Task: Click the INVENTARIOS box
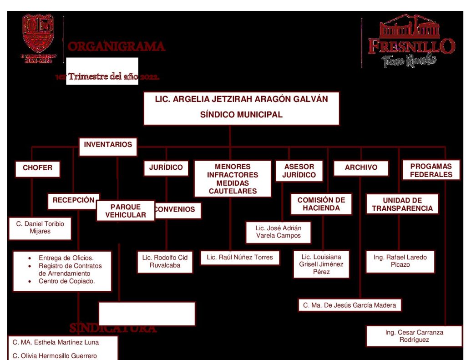point(108,145)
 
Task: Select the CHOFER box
point(37,168)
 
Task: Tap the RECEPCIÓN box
point(73,200)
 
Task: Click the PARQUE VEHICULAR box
point(126,211)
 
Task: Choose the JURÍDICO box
point(166,168)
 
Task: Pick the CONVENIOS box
point(177,210)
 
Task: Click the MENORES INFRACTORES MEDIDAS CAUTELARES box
point(233,179)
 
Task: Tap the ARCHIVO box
point(361,168)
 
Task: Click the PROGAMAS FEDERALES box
point(431,171)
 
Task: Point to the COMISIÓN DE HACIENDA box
point(321,204)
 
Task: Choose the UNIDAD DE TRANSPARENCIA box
point(402,204)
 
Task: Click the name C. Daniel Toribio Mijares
point(40,228)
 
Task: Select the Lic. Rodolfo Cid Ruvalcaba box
point(165,262)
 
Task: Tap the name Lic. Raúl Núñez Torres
point(240,258)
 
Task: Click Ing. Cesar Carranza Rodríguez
point(414,336)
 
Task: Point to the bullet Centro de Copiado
point(66,281)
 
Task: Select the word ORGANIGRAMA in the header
point(116,46)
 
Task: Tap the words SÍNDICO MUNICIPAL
point(241,115)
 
